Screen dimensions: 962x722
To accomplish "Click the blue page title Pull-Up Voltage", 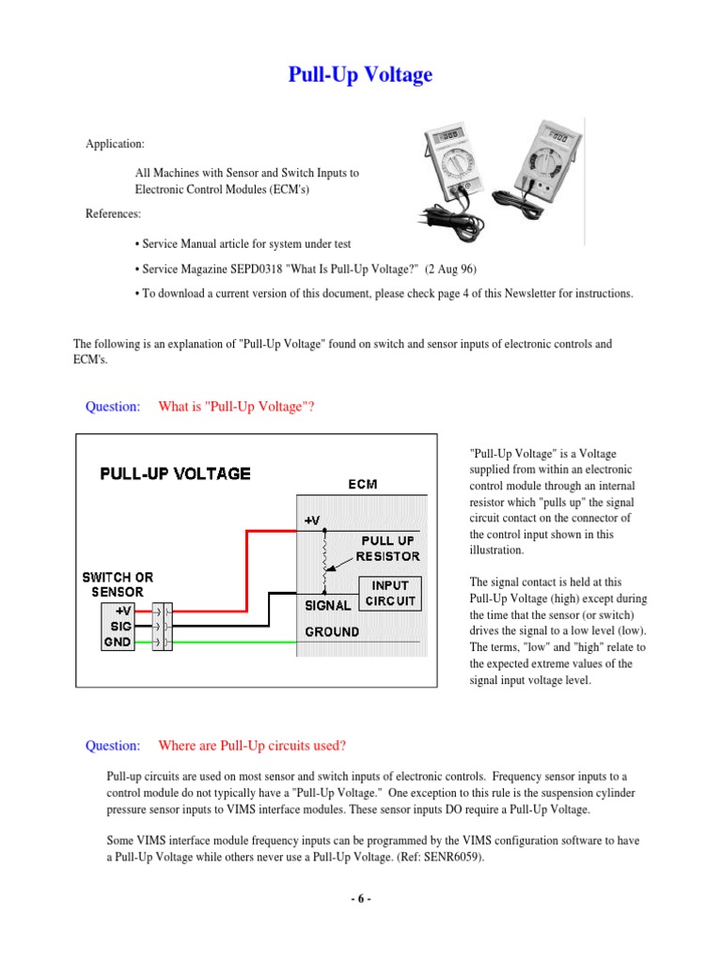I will click(360, 75).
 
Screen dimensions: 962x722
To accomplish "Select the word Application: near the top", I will click(116, 144).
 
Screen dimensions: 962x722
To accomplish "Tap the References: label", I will click(114, 213).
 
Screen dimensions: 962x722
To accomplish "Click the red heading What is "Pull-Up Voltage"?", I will click(236, 406).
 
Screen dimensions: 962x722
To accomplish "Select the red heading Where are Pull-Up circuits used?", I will click(252, 746).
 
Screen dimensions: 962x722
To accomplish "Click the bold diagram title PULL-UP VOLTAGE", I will click(176, 473).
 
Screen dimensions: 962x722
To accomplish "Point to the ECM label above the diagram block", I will click(363, 486).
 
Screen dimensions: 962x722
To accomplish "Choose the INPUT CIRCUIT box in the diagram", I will click(390, 594).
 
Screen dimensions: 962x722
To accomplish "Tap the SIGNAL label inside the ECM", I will click(327, 605).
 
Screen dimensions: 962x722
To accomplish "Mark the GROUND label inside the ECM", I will click(331, 631).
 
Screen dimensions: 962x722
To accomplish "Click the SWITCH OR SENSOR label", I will click(118, 584).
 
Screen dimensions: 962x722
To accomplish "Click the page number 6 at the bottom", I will click(361, 899).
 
